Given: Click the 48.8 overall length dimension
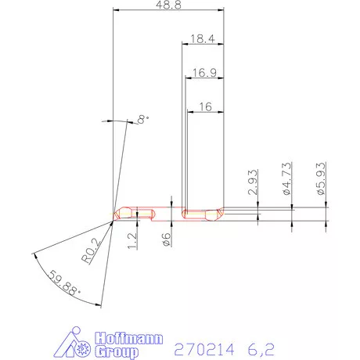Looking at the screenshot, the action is point(168,5).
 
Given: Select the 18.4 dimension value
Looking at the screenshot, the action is point(203,39).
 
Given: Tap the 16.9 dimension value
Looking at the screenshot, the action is point(204,73).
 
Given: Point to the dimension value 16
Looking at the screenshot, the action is point(206,106).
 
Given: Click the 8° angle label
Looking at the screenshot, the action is point(143,119).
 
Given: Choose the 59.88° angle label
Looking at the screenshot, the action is point(63,283).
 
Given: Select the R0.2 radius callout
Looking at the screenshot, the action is point(90,251).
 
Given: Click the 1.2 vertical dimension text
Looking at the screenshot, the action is point(133,241).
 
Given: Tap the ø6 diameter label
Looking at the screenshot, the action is point(167,239).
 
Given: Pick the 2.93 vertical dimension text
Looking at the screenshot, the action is point(253,182).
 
